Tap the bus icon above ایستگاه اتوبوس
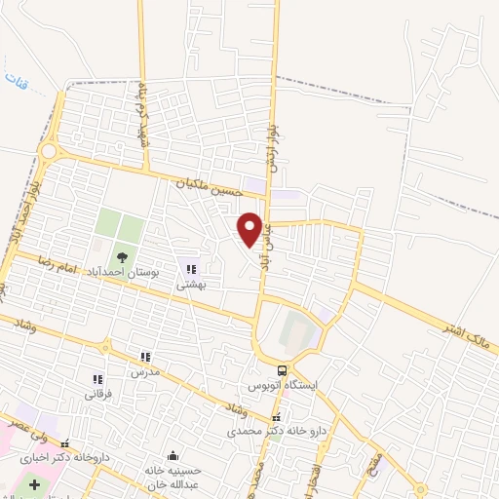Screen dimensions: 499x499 tap(282, 370)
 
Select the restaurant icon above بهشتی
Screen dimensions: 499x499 tap(191, 269)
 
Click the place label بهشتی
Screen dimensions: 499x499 tap(190, 286)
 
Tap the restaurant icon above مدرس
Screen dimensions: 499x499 tap(145, 357)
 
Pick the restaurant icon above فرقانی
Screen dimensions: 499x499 tap(96, 379)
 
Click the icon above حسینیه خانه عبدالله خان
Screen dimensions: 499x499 tap(173, 455)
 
